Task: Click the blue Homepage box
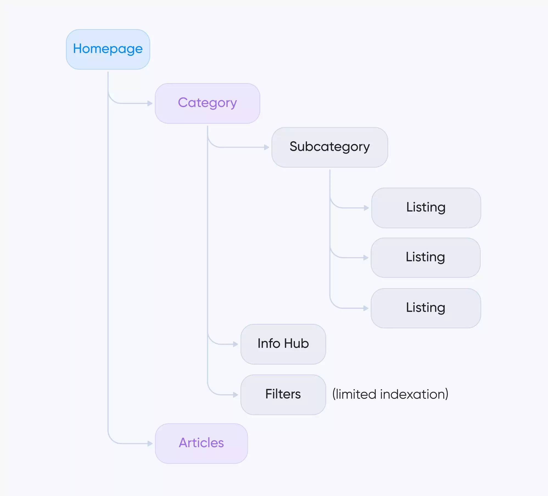(108, 49)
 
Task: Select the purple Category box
(207, 103)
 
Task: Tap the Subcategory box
(329, 147)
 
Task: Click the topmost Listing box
(426, 208)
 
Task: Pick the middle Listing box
(425, 258)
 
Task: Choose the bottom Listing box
(426, 308)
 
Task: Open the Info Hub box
(283, 344)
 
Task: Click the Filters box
(283, 395)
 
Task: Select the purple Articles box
(201, 443)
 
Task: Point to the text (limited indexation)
(390, 395)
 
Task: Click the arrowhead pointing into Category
(150, 103)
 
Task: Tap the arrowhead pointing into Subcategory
(267, 147)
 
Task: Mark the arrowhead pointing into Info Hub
(236, 344)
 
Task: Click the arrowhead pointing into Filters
(236, 395)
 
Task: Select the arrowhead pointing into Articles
(150, 443)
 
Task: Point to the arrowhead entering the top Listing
(366, 208)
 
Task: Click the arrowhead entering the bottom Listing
(366, 308)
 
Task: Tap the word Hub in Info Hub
(297, 344)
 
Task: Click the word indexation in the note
(414, 395)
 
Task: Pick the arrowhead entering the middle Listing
(366, 258)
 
